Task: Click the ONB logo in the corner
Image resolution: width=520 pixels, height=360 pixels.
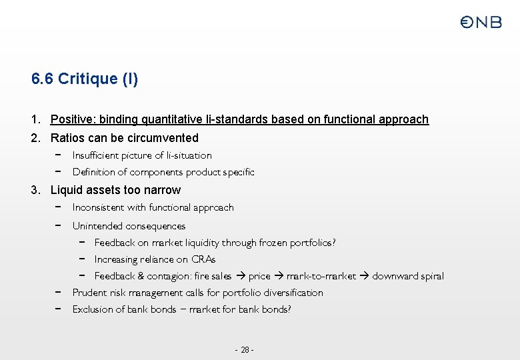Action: click(481, 22)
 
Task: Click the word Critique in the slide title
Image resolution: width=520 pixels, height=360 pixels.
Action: click(87, 79)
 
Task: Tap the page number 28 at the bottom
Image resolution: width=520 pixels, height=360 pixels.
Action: click(245, 350)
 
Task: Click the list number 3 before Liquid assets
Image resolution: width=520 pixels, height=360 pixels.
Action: click(35, 190)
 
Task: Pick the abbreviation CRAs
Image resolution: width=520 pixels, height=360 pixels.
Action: click(203, 259)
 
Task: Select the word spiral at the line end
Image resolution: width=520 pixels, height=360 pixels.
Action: click(431, 276)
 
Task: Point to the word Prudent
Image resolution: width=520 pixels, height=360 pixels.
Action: click(90, 293)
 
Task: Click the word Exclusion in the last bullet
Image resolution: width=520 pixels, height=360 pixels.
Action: click(93, 309)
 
